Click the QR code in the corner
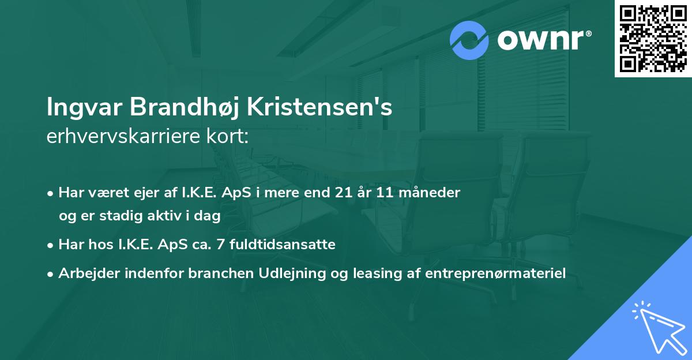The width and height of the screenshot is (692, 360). coord(653,38)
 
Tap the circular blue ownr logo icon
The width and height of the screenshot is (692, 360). coord(469,41)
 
